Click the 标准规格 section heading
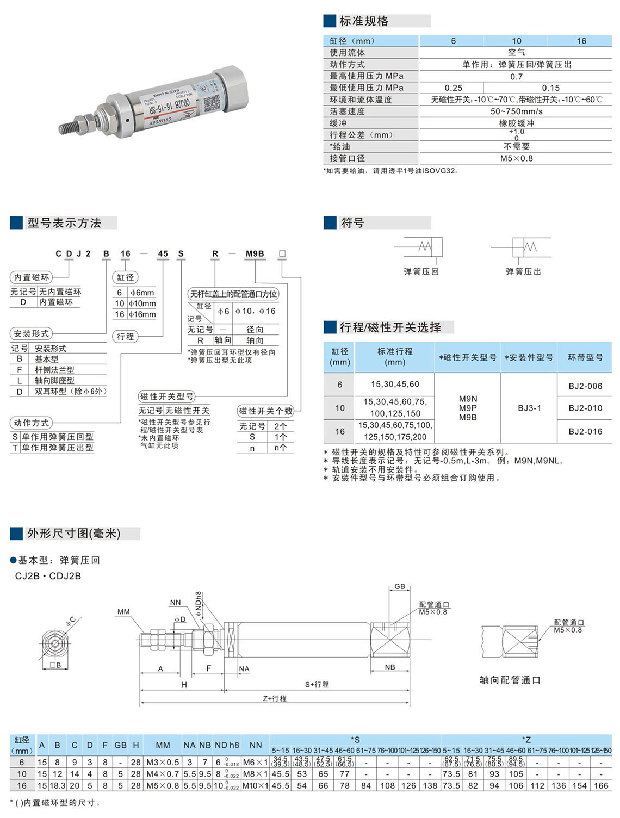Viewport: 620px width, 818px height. [364, 21]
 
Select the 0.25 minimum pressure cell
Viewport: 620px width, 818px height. [453, 88]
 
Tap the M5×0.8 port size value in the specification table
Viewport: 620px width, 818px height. [516, 159]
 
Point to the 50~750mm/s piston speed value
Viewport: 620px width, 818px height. [516, 111]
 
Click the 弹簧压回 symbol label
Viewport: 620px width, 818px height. [421, 271]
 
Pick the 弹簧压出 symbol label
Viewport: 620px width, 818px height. [523, 271]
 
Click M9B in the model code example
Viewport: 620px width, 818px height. [255, 253]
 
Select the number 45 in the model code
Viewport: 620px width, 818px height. [163, 253]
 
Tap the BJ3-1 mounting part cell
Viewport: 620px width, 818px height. [529, 408]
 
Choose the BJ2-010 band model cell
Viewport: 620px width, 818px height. [585, 408]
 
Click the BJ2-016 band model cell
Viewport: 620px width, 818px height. [585, 431]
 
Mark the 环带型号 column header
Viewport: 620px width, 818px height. [585, 357]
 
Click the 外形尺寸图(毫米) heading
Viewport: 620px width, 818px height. [73, 534]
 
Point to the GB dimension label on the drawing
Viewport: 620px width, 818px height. [400, 586]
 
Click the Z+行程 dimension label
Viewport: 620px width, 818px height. [275, 698]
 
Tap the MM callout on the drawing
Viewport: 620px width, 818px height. [123, 612]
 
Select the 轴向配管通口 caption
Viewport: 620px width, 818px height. [510, 680]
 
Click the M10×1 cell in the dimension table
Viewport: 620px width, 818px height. [255, 785]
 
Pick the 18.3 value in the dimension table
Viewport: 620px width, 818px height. [57, 785]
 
